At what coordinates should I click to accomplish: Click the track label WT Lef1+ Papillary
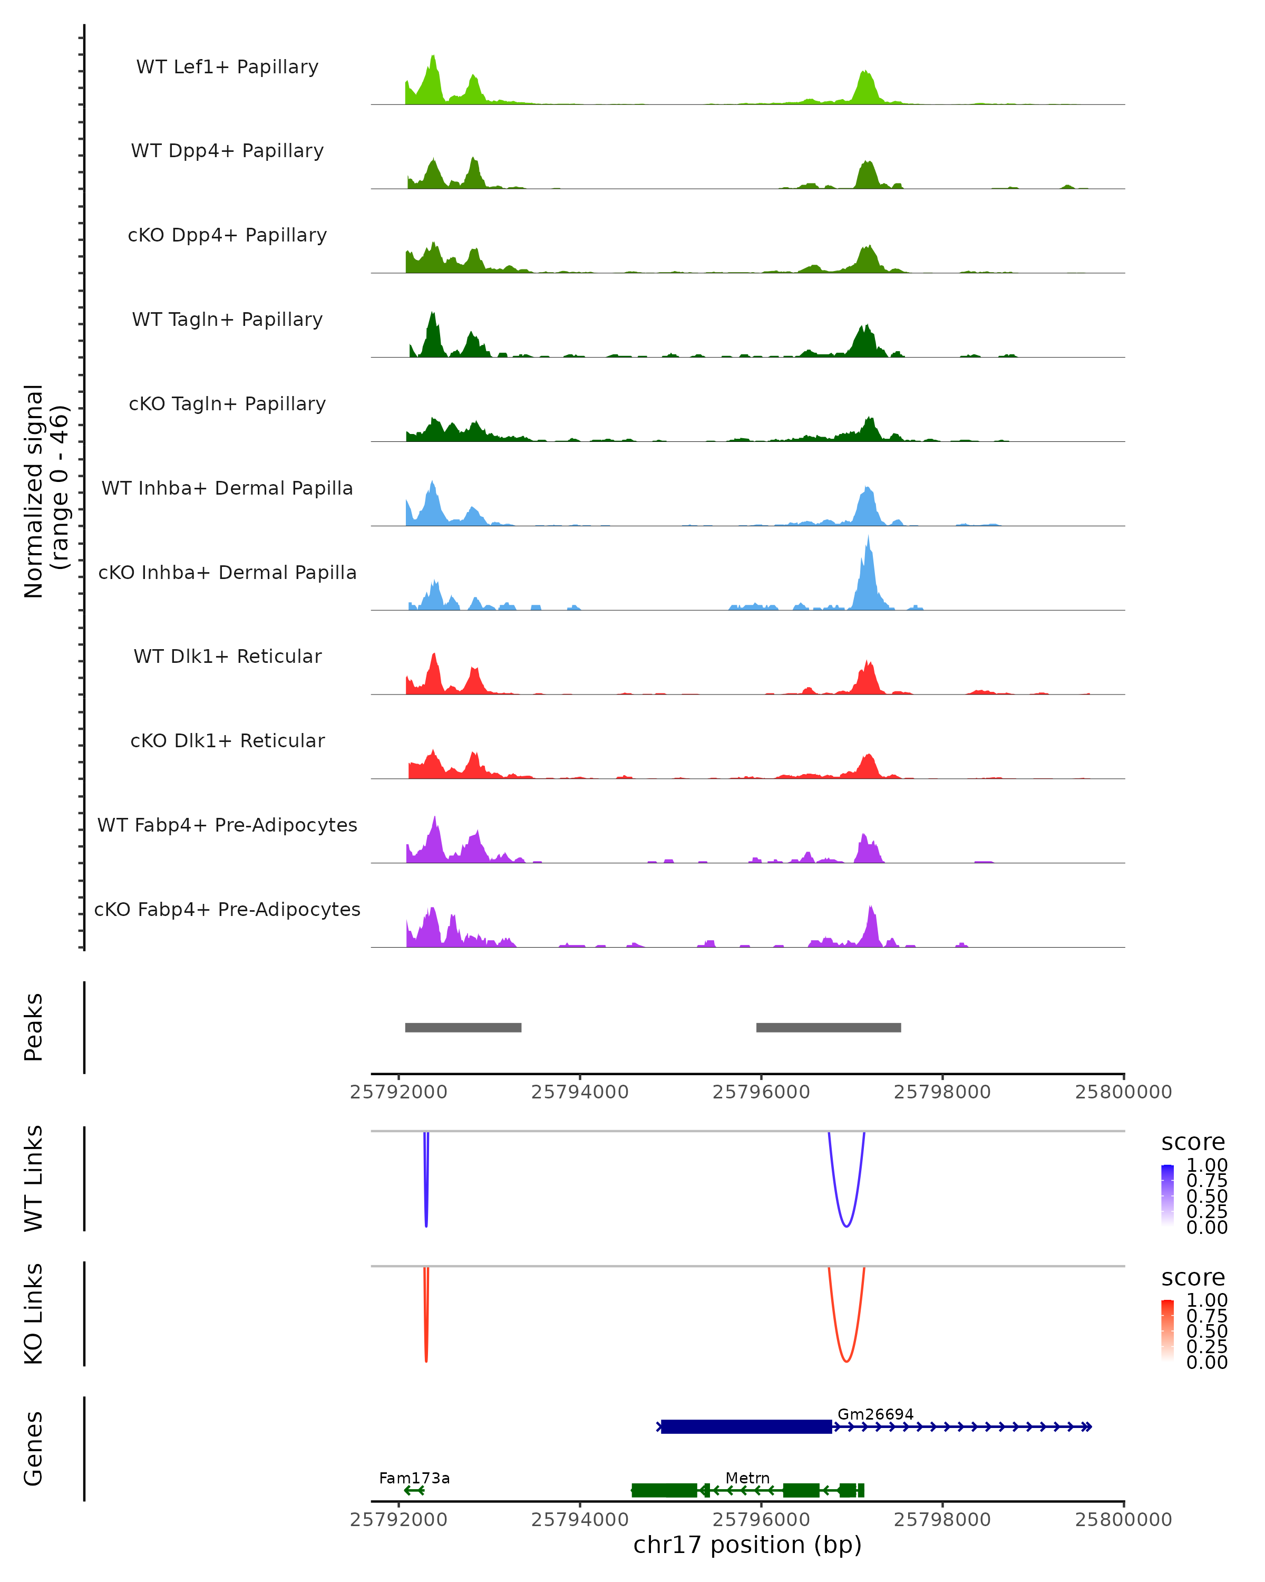tap(227, 67)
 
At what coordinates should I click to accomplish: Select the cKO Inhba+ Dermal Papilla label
tap(227, 572)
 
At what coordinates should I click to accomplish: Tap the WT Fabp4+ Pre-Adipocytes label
tap(227, 825)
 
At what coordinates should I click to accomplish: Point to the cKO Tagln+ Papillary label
tap(227, 403)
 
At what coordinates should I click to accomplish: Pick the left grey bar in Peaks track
tap(463, 1027)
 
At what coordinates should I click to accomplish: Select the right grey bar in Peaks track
tap(829, 1027)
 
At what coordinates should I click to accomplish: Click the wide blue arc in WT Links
tap(846, 1226)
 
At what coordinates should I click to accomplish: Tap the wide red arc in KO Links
tap(846, 1361)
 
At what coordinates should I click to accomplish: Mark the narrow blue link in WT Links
tap(426, 1203)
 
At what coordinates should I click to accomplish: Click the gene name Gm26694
tap(875, 1414)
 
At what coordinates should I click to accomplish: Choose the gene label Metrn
tap(747, 1478)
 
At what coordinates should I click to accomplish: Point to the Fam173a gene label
tap(414, 1478)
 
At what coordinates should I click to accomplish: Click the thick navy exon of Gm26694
tap(746, 1426)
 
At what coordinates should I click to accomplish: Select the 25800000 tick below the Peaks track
tap(1123, 1092)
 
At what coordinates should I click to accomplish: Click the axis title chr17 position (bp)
tap(747, 1545)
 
